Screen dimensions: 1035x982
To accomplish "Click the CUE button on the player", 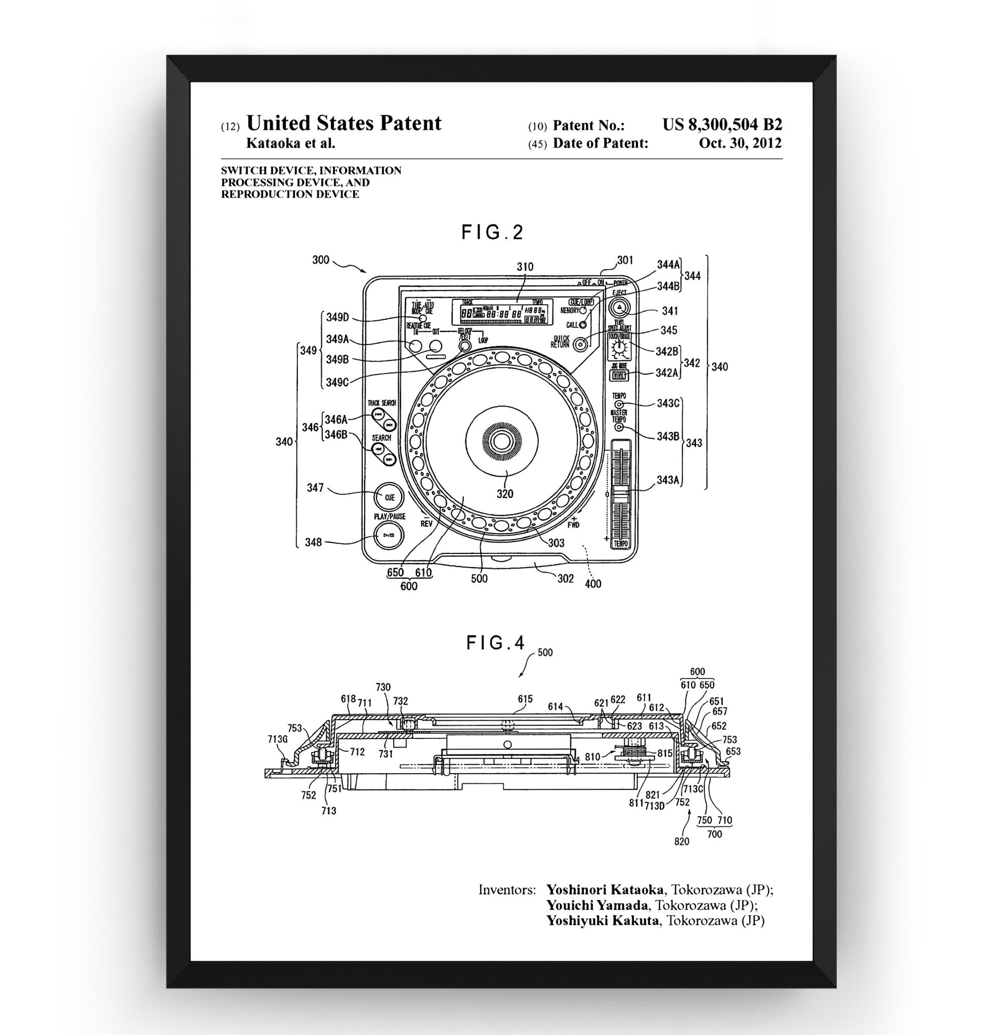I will click(389, 497).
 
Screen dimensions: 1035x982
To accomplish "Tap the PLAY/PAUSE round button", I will click(389, 535).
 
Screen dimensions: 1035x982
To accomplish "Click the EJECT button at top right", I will click(619, 307).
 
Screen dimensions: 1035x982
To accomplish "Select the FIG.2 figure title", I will click(492, 232).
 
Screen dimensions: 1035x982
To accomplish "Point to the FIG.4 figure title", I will click(495, 643).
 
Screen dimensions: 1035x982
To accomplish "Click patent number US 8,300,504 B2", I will click(722, 124).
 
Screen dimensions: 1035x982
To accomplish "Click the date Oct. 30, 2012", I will click(740, 143).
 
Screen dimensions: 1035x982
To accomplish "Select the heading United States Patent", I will click(344, 123).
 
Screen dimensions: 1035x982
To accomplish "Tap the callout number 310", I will click(525, 267).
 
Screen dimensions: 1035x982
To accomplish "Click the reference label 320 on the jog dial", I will click(505, 493).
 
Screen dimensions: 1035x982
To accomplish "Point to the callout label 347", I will click(315, 488).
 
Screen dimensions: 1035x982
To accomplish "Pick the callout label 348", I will click(313, 542).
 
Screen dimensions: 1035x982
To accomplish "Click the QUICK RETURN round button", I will click(580, 344).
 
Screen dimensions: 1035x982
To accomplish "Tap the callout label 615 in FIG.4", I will click(525, 699).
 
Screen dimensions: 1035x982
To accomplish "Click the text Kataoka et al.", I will click(290, 144).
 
